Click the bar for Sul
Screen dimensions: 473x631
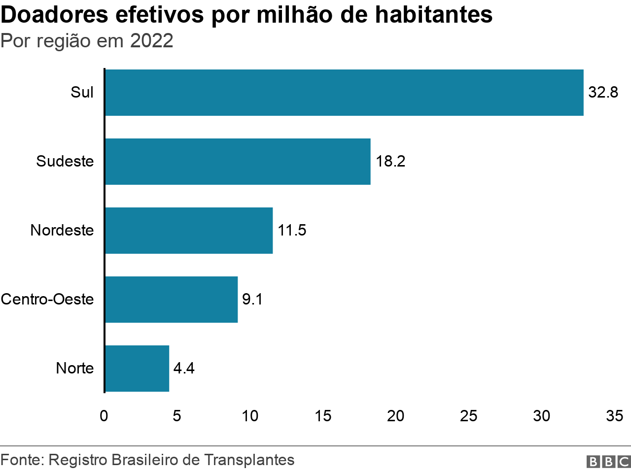[x=344, y=93]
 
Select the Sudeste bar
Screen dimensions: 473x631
[x=238, y=162]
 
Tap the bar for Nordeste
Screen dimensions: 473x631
[x=189, y=231]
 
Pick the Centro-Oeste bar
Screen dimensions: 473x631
[x=171, y=300]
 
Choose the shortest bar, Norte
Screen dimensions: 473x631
[x=137, y=369]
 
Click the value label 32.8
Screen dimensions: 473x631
[x=603, y=93]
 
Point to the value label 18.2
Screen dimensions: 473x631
[x=390, y=162]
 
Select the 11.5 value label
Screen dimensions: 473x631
[x=292, y=231]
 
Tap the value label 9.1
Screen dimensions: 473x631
[x=252, y=300]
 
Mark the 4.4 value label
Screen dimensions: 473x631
[x=184, y=369]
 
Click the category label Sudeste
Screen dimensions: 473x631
[x=65, y=162]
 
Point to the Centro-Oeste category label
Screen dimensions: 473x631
[x=47, y=300]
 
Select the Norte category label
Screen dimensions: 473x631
[x=75, y=369]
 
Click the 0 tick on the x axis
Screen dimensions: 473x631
[x=104, y=416]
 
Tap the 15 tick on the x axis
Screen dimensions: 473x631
[x=323, y=416]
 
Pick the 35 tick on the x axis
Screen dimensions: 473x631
[x=614, y=416]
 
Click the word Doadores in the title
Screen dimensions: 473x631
[x=54, y=15]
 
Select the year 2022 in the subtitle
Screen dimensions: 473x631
[x=152, y=41]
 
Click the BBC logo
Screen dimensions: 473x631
[x=608, y=462]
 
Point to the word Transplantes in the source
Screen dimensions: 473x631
[x=249, y=460]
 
